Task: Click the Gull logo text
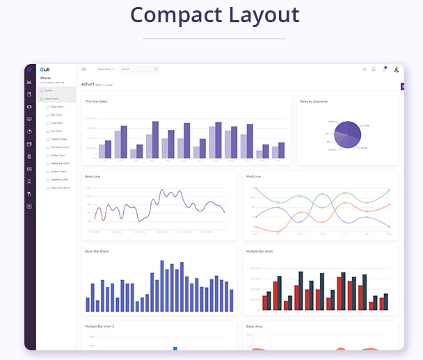(45, 69)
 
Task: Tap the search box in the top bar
(138, 69)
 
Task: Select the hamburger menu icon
(84, 69)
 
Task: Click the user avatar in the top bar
(396, 69)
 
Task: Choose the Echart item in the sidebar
(49, 90)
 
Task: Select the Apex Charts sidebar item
(51, 99)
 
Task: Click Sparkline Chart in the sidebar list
(59, 179)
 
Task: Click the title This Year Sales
(96, 101)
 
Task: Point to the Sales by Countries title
(313, 101)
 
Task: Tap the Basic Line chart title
(93, 177)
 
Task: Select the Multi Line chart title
(253, 177)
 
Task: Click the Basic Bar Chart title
(97, 251)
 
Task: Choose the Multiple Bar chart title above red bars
(259, 251)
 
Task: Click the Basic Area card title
(254, 326)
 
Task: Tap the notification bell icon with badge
(384, 69)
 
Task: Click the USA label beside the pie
(366, 126)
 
